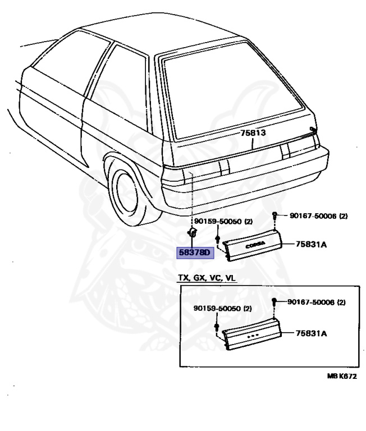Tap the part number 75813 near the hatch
click(x=253, y=134)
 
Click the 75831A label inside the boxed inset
click(x=312, y=333)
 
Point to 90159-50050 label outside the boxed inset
click(x=222, y=222)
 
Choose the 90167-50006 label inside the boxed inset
click(x=317, y=302)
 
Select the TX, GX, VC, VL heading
click(x=204, y=278)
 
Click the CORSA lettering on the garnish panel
click(x=248, y=245)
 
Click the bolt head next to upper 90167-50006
click(x=274, y=215)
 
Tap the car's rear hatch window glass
click(x=236, y=93)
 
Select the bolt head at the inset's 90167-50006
click(x=274, y=302)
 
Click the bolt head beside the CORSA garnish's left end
click(x=218, y=240)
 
